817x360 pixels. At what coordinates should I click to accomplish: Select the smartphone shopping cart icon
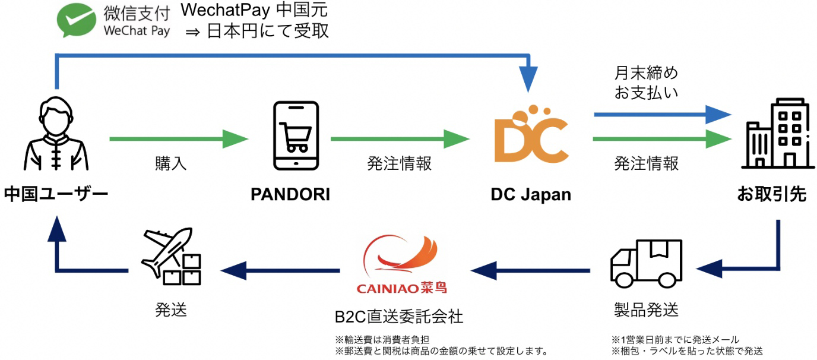coord(295,135)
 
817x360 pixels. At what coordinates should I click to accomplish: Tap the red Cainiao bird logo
coord(401,257)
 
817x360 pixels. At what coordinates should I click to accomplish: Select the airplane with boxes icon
coord(171,256)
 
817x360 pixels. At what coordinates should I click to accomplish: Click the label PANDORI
coord(290,194)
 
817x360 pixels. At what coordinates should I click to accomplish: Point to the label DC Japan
coord(531,194)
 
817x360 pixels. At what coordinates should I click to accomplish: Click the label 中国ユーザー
coord(56,194)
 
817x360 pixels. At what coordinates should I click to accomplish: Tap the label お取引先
coord(771,194)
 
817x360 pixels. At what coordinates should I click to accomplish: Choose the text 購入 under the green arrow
coord(171,163)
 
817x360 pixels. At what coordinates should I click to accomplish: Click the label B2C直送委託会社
coord(398,315)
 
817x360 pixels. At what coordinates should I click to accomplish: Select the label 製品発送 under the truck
coord(645,310)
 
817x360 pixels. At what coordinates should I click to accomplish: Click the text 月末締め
coord(646,73)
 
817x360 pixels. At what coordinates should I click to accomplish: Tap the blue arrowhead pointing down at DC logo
coord(528,81)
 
